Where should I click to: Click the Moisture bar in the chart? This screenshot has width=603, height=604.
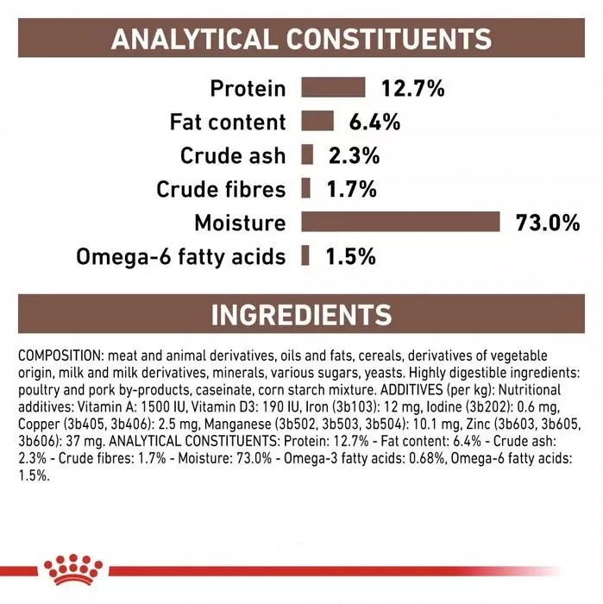(x=401, y=223)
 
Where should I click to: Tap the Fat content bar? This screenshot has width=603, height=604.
(x=317, y=122)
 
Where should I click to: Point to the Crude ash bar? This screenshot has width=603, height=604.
(x=306, y=155)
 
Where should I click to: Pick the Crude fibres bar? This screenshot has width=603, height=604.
(x=305, y=189)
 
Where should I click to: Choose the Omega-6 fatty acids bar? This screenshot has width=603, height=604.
(x=305, y=256)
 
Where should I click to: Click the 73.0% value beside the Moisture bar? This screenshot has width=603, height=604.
(x=546, y=223)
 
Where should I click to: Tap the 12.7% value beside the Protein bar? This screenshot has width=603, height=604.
(x=411, y=88)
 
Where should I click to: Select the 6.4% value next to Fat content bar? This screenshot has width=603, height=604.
(x=374, y=122)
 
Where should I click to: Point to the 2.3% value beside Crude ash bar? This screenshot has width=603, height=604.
(x=353, y=155)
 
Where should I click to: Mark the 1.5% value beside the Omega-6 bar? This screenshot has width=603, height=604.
(x=350, y=256)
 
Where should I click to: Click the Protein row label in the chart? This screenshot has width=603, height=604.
(x=247, y=88)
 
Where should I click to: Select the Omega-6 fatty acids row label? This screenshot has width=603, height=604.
(x=181, y=256)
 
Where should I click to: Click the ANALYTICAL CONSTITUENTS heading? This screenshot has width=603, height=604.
(x=301, y=38)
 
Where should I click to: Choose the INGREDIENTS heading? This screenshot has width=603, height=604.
(x=301, y=314)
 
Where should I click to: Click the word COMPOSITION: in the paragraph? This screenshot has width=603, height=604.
(x=55, y=355)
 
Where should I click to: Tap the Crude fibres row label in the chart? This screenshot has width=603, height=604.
(x=221, y=189)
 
